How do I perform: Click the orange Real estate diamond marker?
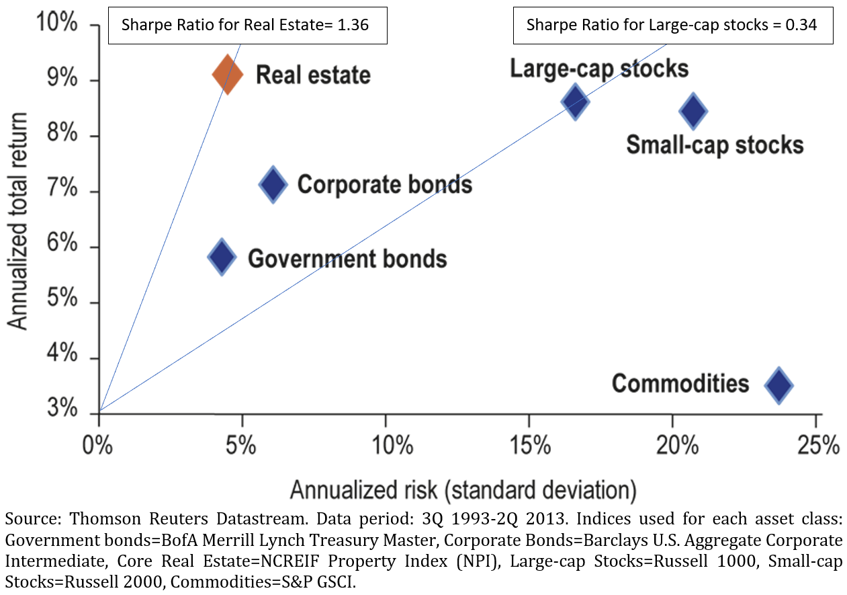[227, 74]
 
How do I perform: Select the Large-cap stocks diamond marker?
[575, 102]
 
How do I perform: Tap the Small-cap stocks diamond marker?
[693, 111]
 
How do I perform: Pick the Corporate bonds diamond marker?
[273, 184]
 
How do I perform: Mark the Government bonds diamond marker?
[222, 256]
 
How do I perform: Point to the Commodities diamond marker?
[778, 385]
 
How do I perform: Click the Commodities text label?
[680, 383]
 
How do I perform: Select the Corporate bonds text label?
[384, 184]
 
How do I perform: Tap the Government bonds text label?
[347, 257]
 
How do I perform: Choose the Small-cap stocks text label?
[715, 145]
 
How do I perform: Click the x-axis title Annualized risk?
[462, 489]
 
